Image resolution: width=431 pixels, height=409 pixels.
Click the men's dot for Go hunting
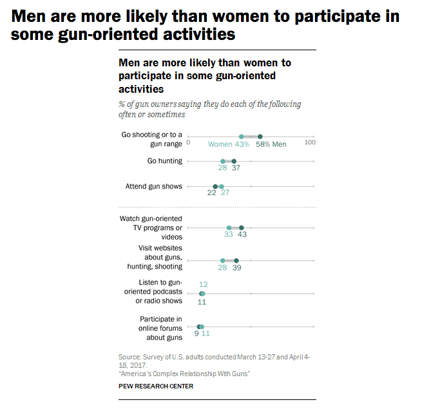coord(234,161)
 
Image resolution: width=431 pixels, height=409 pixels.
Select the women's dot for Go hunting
coord(223,161)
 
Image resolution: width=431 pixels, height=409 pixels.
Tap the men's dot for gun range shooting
coord(260,137)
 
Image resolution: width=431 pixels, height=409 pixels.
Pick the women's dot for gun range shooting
coord(242,137)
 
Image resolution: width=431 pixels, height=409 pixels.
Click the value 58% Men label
coord(271,144)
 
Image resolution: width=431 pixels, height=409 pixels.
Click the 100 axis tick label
coord(310,142)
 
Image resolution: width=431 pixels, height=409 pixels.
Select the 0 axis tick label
coord(188,142)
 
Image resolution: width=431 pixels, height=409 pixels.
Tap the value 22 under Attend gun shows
coord(211,193)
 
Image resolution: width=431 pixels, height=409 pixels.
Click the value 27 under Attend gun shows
coord(225,193)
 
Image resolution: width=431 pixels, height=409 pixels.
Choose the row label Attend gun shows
coord(154,186)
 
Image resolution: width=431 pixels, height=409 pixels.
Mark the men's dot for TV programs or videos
coord(241,228)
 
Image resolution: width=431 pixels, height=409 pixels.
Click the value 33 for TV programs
coord(228,235)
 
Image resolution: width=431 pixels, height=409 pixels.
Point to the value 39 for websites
coord(236,268)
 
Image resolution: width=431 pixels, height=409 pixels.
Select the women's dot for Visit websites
coord(223,261)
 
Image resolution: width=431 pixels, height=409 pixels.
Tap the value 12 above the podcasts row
coord(203,285)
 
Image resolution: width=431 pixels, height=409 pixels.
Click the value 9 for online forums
coord(196,334)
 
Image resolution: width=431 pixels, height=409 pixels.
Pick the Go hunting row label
coord(165,160)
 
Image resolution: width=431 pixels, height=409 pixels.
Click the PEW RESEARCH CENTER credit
coord(156,386)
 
